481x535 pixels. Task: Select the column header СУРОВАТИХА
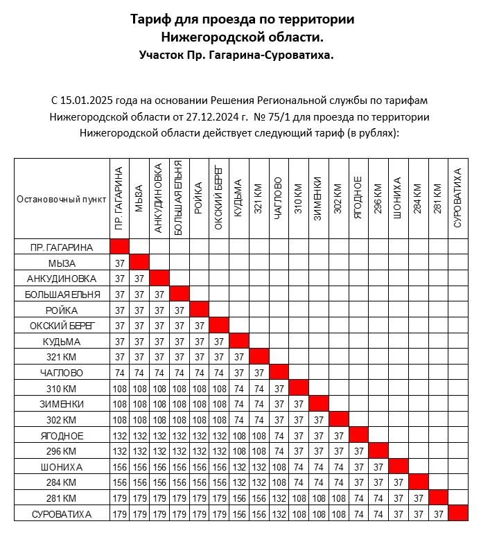pos(458,198)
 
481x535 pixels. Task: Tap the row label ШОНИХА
pos(61,467)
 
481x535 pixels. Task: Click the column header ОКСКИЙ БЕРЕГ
pos(219,198)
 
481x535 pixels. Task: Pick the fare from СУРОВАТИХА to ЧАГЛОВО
pos(279,514)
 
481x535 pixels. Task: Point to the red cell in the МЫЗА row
pos(140,263)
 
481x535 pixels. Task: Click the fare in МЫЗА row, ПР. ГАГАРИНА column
pos(120,263)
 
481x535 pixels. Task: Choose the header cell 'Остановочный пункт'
pos(62,199)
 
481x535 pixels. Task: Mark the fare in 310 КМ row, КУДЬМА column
pos(239,389)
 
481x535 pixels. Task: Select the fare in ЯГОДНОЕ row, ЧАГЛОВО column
pos(279,436)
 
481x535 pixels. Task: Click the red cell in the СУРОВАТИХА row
pos(458,514)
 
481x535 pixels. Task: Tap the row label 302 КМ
pos(61,420)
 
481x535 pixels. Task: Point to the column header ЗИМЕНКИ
pos(318,198)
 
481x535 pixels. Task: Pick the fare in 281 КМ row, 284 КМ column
pos(419,498)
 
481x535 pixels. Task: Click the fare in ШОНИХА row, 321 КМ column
pos(259,467)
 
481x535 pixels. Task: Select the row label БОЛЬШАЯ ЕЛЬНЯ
pos(61,295)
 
